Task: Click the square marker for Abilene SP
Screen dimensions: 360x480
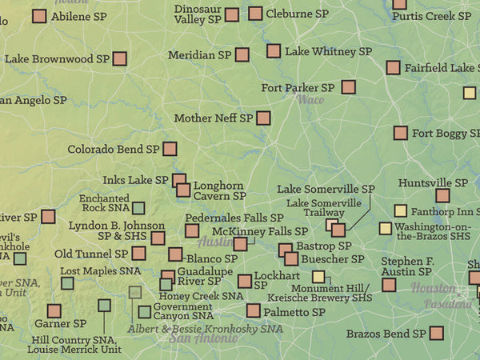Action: pos(39,15)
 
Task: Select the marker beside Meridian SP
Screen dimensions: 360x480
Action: pos(242,54)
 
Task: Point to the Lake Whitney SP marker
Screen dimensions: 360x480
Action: pos(274,51)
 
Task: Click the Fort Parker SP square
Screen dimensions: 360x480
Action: pos(348,87)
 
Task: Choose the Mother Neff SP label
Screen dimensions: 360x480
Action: pos(213,118)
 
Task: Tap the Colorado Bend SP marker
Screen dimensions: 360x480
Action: pos(170,149)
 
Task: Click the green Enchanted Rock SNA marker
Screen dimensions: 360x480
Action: pos(138,208)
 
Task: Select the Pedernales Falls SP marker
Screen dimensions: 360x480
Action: pos(192,231)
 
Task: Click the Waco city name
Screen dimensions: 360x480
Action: pos(310,100)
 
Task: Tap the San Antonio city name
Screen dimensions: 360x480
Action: pos(203,338)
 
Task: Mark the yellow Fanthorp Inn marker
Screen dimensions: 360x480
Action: pos(400,211)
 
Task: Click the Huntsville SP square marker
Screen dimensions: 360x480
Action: pos(442,195)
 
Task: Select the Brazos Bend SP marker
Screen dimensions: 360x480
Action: pos(437,333)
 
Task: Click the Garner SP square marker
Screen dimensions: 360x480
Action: pos(54,310)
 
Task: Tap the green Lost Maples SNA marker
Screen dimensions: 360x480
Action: pos(67,283)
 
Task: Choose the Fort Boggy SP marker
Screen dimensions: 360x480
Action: pos(400,133)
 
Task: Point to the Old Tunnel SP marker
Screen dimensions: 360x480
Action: pos(138,254)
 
